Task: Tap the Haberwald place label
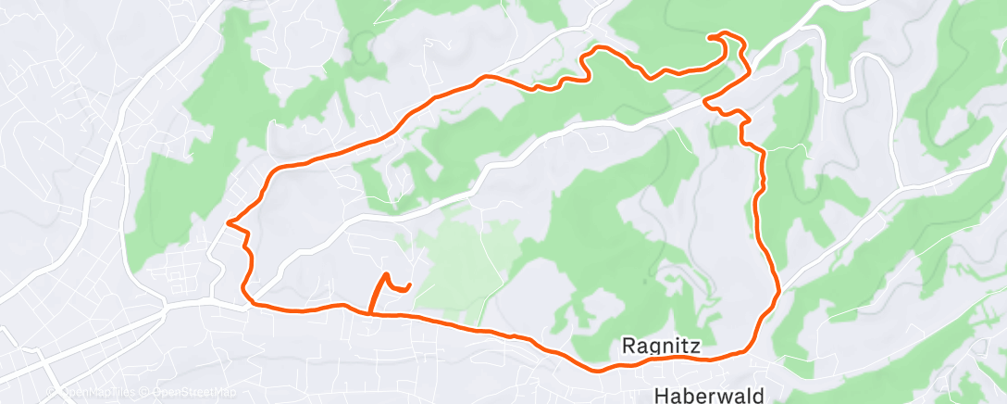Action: (x=709, y=396)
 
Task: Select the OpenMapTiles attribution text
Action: (x=100, y=393)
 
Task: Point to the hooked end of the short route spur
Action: (x=409, y=284)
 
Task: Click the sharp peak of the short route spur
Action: (x=385, y=274)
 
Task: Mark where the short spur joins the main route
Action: (x=370, y=314)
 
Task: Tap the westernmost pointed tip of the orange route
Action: (x=228, y=221)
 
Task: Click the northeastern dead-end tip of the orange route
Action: (x=710, y=36)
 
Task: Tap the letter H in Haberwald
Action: (x=661, y=396)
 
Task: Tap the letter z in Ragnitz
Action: (x=696, y=347)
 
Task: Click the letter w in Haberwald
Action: (x=725, y=396)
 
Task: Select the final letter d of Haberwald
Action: (x=758, y=396)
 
